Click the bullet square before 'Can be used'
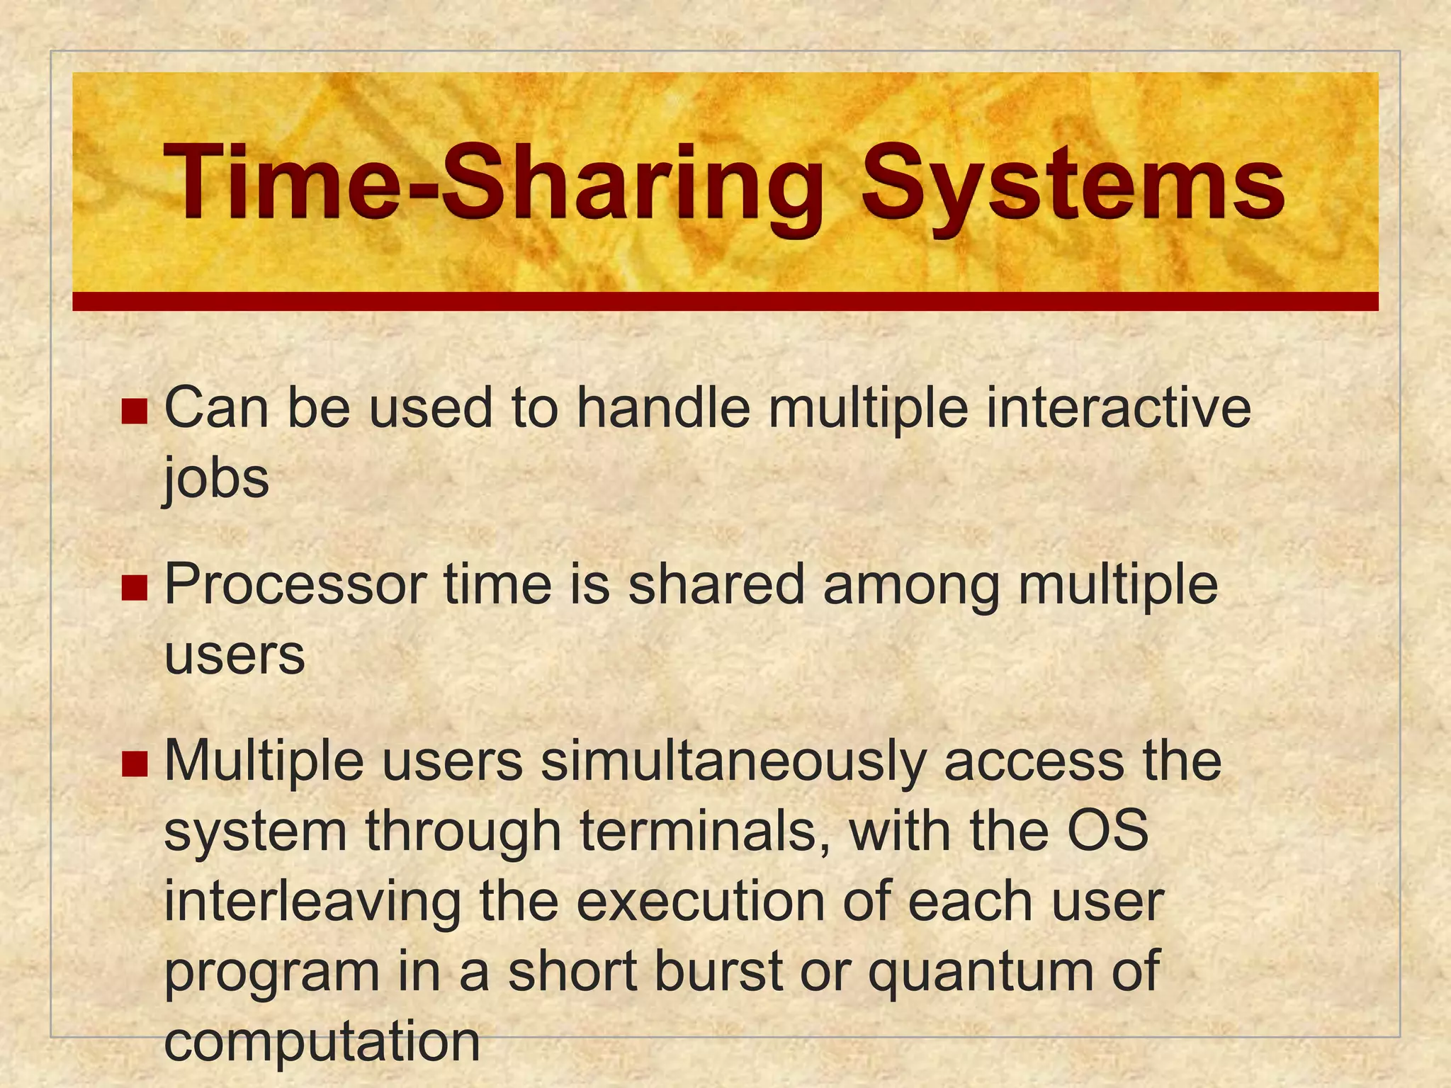coord(134,411)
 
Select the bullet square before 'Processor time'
coord(134,587)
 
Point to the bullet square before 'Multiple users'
coord(134,764)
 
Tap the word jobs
coord(217,479)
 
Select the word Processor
coord(295,585)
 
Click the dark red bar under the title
coord(725,302)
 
